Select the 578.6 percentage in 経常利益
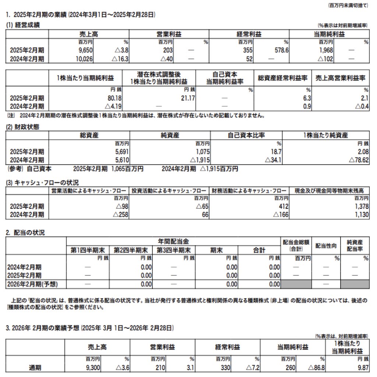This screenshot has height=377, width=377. click(281, 50)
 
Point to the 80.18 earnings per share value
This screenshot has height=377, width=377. click(109, 98)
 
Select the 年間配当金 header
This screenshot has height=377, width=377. click(173, 242)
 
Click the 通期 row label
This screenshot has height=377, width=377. click(36, 367)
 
